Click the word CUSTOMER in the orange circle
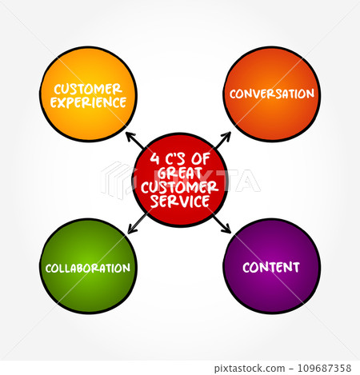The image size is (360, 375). point(89,88)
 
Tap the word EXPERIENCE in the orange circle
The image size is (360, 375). point(89,102)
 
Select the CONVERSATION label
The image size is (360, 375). point(272,94)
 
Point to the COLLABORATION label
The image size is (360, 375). point(89,267)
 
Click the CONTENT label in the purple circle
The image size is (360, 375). point(272,267)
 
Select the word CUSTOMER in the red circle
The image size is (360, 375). point(181,186)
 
